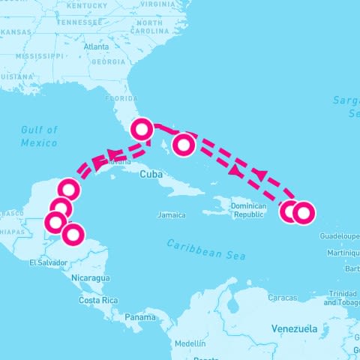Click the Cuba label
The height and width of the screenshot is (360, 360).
tap(151, 173)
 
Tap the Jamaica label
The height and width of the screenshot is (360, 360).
tap(171, 214)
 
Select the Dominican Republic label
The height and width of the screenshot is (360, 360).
tap(248, 209)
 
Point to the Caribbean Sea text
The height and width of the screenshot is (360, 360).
tap(205, 249)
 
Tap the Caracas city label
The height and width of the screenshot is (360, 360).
tap(283, 298)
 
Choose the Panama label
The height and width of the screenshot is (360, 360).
tap(139, 316)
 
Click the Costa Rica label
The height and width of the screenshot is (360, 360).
tap(98, 300)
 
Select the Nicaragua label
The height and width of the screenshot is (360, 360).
tap(90, 277)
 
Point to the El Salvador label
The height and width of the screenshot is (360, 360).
tap(48, 262)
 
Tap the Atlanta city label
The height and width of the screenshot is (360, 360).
tap(97, 46)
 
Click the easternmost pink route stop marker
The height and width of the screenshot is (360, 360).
tap(302, 213)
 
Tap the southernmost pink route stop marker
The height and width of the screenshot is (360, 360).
tap(72, 235)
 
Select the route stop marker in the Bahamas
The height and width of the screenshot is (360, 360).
tap(184, 144)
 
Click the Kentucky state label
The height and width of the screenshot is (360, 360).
tap(88, 4)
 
